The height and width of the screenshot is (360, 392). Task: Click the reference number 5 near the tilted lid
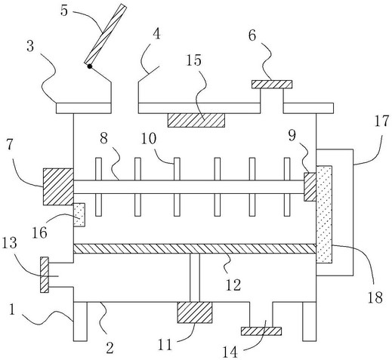64,11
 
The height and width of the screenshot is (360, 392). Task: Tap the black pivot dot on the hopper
90,66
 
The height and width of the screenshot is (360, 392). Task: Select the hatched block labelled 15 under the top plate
196,120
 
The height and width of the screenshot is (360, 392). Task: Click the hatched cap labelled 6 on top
272,85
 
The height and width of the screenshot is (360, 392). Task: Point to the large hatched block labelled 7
58,186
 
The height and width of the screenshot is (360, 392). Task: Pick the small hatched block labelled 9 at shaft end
310,187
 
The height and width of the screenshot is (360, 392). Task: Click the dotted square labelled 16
79,215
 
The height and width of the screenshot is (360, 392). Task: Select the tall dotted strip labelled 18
324,214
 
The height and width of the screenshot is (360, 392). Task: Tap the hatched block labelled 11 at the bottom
195,312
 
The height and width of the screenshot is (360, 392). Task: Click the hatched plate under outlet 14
261,331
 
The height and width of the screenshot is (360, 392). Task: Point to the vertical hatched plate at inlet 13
45,275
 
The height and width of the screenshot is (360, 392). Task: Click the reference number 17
381,122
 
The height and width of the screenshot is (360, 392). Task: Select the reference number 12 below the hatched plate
233,285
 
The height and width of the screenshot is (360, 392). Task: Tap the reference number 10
149,139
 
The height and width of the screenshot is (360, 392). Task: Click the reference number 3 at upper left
30,47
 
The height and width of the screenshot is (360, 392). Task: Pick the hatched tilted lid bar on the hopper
105,34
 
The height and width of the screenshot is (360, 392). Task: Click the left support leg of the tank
80,322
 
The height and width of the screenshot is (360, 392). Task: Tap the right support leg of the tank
309,322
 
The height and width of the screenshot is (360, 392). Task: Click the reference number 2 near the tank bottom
110,349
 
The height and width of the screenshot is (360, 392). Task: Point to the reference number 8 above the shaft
104,138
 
